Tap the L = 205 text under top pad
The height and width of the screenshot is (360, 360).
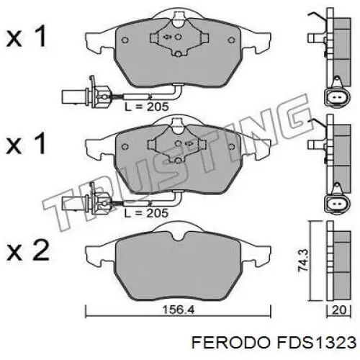148,106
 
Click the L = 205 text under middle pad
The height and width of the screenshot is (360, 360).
148,212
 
